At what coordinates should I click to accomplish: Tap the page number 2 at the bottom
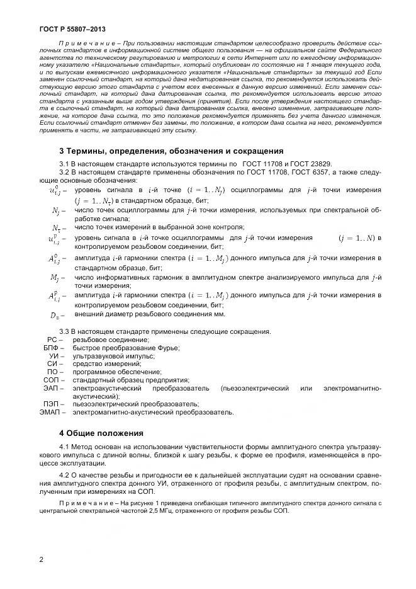point(41,558)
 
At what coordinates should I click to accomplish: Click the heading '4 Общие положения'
point(101,433)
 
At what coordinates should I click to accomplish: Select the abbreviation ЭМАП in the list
point(48,413)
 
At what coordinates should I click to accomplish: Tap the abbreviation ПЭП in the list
point(51,404)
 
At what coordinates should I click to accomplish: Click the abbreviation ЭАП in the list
point(50,389)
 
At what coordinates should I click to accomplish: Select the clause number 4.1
point(65,447)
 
